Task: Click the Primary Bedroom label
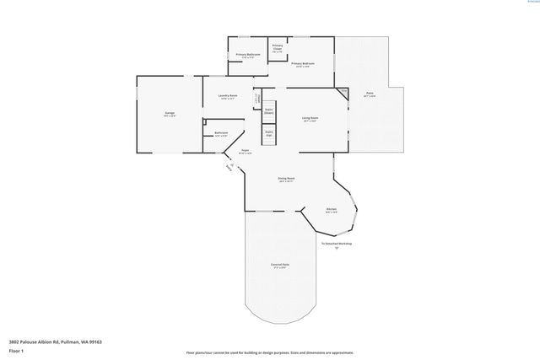click(304, 63)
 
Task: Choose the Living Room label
click(310, 118)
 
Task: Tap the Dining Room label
click(286, 179)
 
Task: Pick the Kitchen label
click(332, 211)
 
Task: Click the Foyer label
click(245, 151)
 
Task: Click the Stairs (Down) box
click(269, 110)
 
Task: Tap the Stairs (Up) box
click(268, 133)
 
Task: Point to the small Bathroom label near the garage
click(221, 133)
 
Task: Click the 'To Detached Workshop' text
click(336, 244)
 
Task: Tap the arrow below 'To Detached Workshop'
click(336, 250)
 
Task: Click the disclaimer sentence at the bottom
click(269, 352)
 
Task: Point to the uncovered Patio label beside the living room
click(370, 94)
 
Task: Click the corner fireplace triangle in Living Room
click(343, 91)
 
